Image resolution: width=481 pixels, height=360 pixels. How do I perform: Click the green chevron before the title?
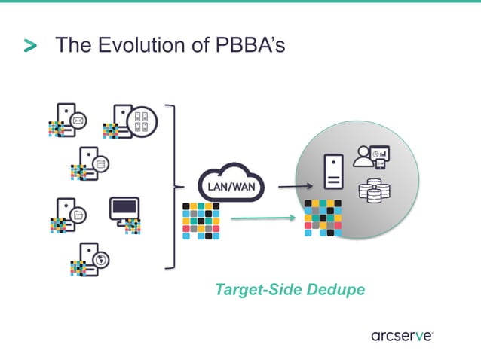30,47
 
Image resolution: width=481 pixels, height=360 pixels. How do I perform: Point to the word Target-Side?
253,289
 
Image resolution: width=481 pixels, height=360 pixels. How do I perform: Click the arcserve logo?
401,336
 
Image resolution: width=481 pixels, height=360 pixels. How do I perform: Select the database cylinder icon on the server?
100,162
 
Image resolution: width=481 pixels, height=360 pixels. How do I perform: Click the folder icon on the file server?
77,214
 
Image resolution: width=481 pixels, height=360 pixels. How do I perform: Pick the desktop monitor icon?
124,207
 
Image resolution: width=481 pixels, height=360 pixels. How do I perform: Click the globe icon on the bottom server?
100,259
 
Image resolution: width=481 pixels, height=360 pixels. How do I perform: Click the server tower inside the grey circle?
332,172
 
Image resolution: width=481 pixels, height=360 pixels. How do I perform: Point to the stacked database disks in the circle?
371,191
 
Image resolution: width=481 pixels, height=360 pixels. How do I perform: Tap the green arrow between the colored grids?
262,220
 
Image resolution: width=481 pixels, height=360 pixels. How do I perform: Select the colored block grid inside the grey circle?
323,218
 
